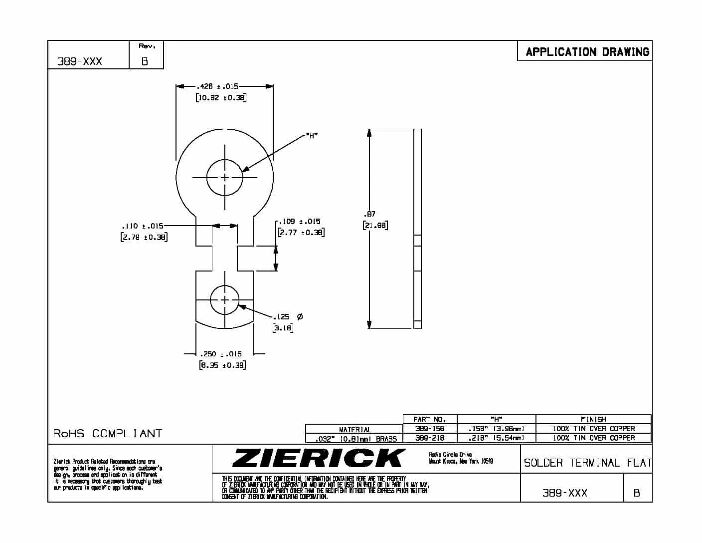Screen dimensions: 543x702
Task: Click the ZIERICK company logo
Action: pos(319,458)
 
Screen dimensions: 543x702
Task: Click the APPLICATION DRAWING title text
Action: pos(587,52)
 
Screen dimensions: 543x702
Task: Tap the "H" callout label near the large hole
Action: pos(312,135)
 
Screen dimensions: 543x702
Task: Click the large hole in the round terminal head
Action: pos(225,177)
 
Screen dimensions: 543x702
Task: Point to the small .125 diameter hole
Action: pos(225,300)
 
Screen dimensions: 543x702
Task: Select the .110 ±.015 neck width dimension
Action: pos(142,226)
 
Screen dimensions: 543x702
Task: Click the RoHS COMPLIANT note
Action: pos(108,433)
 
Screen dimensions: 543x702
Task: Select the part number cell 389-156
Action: pos(429,429)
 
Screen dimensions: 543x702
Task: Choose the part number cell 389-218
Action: pos(429,438)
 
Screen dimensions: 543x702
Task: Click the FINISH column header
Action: pos(593,420)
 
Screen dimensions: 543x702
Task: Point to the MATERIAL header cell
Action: pos(354,429)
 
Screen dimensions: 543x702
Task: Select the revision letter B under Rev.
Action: pos(145,62)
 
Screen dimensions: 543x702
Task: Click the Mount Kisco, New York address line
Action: pos(461,461)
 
